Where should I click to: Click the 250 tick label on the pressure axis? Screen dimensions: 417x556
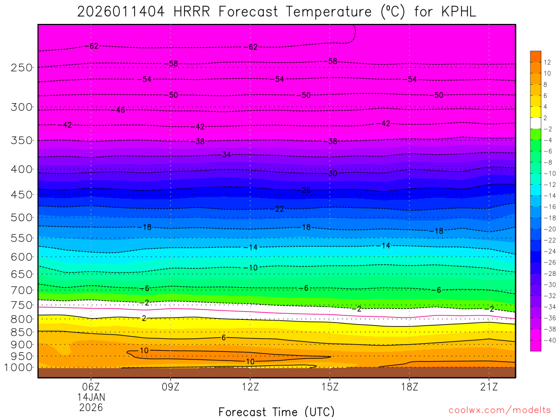click(21, 67)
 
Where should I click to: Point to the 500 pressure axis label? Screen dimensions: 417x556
click(21, 217)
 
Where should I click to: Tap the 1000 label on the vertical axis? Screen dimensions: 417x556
click(18, 368)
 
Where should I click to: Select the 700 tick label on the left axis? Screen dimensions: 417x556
click(21, 290)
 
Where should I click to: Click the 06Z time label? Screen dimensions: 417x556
click(91, 387)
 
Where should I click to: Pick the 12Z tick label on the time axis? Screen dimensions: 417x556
click(250, 387)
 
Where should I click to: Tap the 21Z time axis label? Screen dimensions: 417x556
click(489, 387)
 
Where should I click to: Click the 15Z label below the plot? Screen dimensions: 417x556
click(330, 387)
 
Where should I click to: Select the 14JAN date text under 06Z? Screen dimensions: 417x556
click(91, 396)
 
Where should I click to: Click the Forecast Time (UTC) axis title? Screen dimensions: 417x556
click(276, 411)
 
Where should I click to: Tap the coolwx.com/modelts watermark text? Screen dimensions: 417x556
click(499, 410)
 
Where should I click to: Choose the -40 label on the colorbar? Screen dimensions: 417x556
click(549, 340)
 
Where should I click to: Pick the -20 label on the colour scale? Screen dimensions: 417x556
click(549, 229)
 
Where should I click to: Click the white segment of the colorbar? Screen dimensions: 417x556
click(535, 123)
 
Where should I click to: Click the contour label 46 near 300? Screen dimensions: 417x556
click(121, 110)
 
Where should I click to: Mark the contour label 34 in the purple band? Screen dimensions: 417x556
click(227, 155)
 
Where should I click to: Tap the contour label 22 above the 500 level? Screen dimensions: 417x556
click(279, 209)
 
